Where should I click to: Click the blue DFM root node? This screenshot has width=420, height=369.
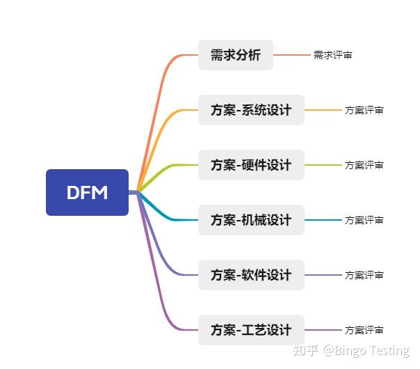87,192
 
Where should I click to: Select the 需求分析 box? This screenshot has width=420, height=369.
235,55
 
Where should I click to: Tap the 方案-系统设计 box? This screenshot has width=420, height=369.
251,110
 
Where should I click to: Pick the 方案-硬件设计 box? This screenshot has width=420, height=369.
251,165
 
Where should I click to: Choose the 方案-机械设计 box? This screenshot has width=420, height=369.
251,220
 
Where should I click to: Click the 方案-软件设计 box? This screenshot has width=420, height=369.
251,275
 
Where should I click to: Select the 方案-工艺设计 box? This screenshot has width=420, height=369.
251,330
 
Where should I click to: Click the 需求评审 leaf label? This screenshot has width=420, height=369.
332,55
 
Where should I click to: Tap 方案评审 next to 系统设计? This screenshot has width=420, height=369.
364,110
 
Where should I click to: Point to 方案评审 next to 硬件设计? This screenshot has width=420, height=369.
364,165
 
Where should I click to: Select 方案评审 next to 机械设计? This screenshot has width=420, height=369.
364,220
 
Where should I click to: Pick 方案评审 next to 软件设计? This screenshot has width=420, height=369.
364,275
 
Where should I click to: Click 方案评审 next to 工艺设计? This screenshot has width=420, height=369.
364,330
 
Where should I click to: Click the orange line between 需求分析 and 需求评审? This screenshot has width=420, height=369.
292,55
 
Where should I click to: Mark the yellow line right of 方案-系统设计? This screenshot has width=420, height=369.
323,110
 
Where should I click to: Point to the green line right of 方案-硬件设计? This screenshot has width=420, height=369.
323,165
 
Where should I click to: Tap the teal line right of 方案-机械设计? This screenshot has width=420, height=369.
323,220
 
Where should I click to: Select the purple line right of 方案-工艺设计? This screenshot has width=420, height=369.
323,330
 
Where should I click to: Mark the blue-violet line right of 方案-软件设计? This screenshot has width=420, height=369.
323,275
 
